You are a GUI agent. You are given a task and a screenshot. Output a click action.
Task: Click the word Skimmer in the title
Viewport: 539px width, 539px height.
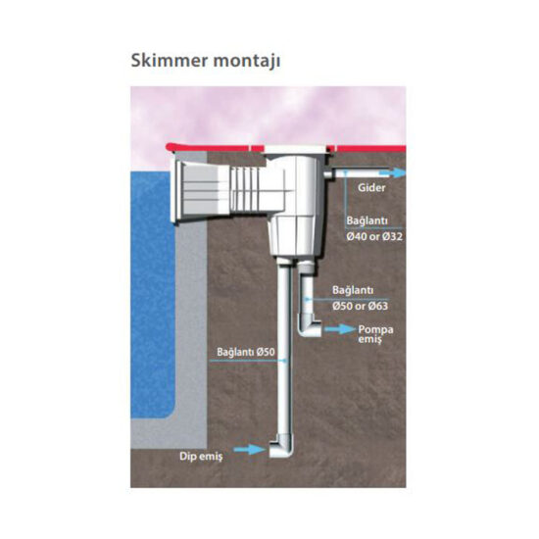170,61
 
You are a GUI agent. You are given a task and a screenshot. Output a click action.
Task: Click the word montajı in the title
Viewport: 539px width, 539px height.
247,61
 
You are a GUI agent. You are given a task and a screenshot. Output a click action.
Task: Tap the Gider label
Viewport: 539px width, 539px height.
371,188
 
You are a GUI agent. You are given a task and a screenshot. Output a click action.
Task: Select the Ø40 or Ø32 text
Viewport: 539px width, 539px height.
374,236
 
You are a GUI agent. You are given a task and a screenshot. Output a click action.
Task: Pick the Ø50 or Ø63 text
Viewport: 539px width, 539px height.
361,306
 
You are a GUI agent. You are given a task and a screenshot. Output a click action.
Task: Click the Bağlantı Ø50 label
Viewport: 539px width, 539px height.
246,352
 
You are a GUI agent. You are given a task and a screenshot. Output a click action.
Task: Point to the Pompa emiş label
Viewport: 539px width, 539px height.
375,334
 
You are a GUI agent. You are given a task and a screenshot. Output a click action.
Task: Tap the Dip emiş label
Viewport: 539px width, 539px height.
201,457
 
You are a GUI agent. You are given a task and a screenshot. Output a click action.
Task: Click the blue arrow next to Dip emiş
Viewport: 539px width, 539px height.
249,449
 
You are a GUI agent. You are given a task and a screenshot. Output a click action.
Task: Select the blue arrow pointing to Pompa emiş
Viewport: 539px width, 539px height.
340,329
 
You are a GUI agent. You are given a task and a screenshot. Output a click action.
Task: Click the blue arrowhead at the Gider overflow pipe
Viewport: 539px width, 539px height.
398,172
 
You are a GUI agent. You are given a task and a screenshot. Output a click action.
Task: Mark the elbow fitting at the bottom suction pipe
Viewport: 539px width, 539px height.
282,446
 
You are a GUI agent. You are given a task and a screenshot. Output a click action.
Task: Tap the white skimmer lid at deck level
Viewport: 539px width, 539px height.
295,149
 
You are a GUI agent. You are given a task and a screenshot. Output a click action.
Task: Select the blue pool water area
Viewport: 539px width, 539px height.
153,295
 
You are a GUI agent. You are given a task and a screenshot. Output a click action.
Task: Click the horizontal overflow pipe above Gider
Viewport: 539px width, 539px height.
361,173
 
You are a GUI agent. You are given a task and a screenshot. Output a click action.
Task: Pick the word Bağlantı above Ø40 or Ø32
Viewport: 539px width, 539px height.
367,220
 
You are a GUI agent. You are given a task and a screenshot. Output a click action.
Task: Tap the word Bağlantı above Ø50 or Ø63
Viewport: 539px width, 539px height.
353,290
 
